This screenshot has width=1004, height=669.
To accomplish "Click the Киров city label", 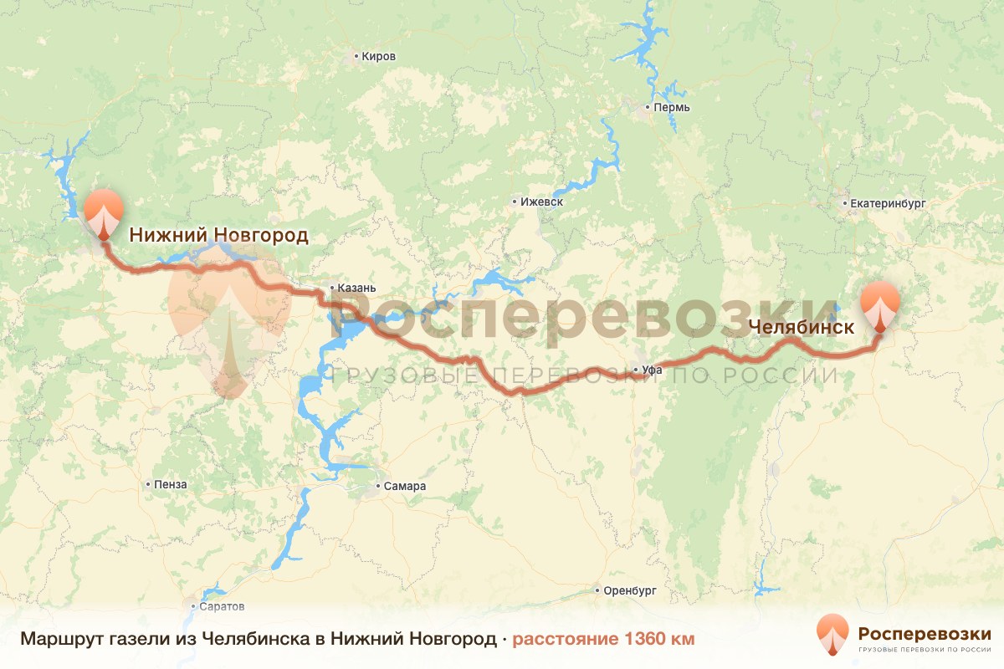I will pos(379,57).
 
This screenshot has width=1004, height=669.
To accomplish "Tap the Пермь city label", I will pos(673,108).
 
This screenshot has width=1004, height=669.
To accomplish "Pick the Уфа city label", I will pos(652,369).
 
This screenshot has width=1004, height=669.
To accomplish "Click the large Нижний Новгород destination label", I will pos(218,235).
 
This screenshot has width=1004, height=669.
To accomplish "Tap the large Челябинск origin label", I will pos(802,327).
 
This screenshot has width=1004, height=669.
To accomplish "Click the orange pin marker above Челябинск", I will pos(880,306).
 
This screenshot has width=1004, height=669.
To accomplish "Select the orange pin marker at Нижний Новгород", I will pos(104,212).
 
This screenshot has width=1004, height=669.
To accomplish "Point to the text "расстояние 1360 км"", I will pos(603,639).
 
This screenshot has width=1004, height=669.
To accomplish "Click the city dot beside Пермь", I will pos(648,108).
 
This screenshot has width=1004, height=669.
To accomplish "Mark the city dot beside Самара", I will pos(379,486).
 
